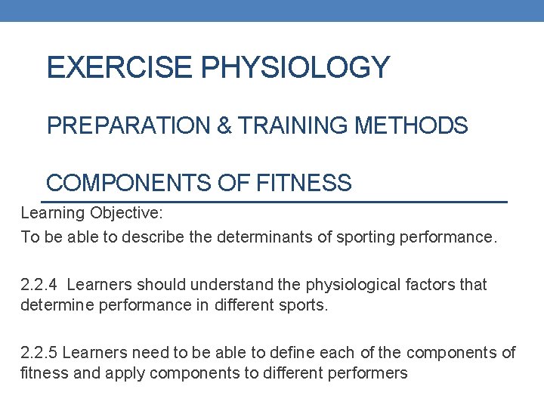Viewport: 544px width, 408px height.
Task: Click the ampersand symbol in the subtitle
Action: point(224,125)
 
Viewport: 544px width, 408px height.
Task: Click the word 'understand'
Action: point(230,285)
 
